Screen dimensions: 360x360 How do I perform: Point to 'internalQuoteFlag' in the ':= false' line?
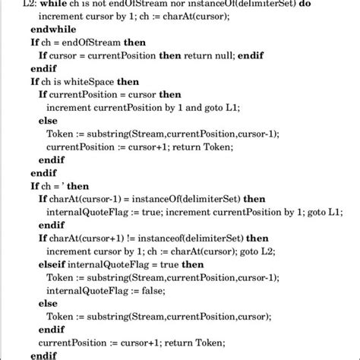[93, 289]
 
